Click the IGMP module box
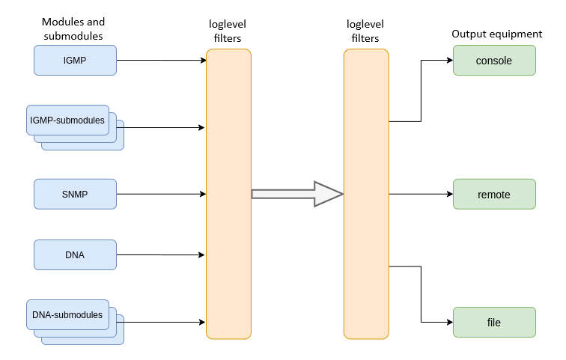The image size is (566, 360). pos(75,60)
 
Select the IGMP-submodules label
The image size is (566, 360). pos(67,120)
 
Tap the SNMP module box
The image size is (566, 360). pos(75,194)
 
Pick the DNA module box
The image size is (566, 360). pos(75,254)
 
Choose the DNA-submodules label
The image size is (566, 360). pos(67,314)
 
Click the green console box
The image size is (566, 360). pos(494,60)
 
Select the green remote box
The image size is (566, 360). pos(494,194)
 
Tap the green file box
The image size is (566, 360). pos(494,322)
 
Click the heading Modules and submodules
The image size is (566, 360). pos(73,28)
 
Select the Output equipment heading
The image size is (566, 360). pos(497,34)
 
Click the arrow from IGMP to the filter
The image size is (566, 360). pos(161,60)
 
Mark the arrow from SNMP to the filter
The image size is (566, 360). pos(161,194)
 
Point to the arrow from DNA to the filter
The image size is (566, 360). pos(161,254)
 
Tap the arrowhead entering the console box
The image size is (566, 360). pos(449,60)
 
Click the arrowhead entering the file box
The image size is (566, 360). pos(449,322)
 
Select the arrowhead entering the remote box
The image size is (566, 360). pos(449,194)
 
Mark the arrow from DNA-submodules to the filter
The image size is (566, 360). pos(165,323)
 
